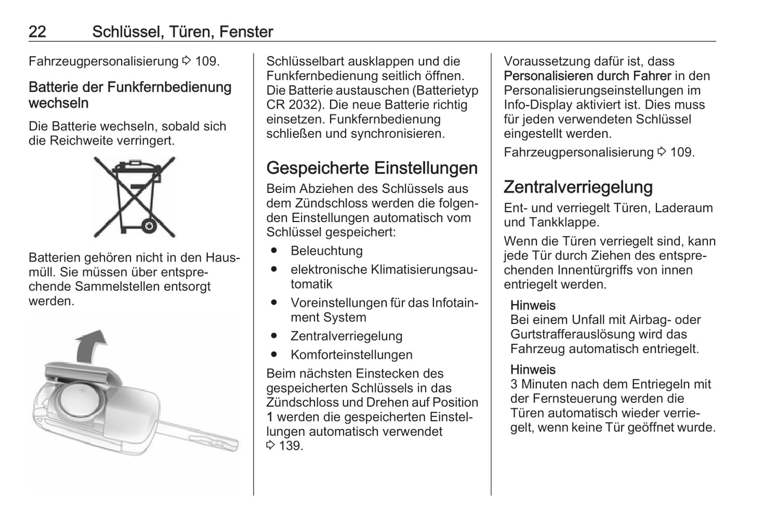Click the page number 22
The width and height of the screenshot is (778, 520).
pos(37,32)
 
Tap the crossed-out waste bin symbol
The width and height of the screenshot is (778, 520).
pos(134,197)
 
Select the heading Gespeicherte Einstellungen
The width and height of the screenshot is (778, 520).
pos(372,168)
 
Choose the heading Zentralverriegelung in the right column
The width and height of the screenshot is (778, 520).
pos(578,187)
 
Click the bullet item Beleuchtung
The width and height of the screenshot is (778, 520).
pos(326,251)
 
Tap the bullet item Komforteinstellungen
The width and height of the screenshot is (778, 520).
pos(351,355)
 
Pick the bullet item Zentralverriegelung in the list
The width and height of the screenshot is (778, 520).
pos(346,336)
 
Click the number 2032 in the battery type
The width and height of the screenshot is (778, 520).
pos(303,105)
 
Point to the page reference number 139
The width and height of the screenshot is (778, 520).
pos(290,446)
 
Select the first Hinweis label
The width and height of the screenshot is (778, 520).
pos(532,306)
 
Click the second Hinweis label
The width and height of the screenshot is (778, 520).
pos(532,370)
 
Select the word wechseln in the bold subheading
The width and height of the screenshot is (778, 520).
pos(59,103)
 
